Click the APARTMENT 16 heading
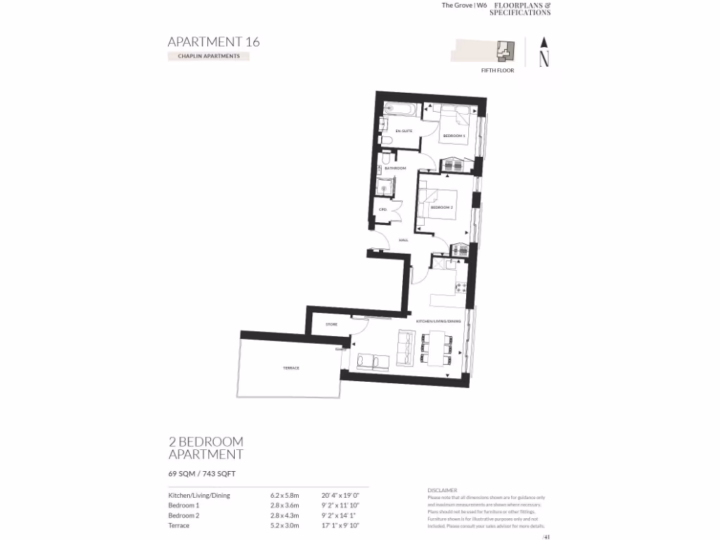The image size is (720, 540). [x=213, y=41]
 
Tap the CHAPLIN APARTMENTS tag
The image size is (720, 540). [x=208, y=56]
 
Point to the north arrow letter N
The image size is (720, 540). [x=544, y=59]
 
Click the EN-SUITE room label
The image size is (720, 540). [x=403, y=131]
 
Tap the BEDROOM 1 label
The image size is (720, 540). [x=454, y=135]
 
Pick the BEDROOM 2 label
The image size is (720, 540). [x=442, y=207]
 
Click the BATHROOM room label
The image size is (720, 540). [x=395, y=168]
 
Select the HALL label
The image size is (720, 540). [x=404, y=240]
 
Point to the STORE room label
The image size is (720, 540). [x=331, y=324]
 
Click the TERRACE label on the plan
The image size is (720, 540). [x=291, y=368]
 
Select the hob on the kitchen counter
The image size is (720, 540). [x=462, y=287]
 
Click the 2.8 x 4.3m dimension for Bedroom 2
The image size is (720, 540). [x=285, y=515]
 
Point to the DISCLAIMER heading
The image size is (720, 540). [x=442, y=490]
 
